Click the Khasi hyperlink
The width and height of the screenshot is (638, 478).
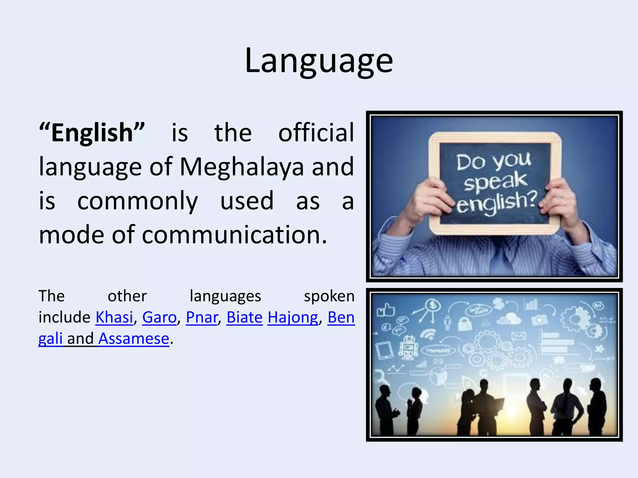click(x=114, y=317)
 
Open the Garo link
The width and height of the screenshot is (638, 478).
click(x=159, y=317)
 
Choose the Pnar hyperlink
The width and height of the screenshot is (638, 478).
click(x=202, y=317)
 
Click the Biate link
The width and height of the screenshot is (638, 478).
click(x=245, y=317)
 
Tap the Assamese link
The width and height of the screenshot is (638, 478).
click(x=134, y=339)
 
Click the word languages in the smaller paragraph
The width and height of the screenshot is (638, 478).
click(x=225, y=296)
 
